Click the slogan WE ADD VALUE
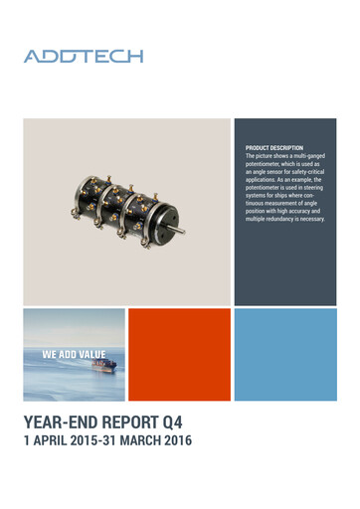pyautogui.click(x=74, y=354)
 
